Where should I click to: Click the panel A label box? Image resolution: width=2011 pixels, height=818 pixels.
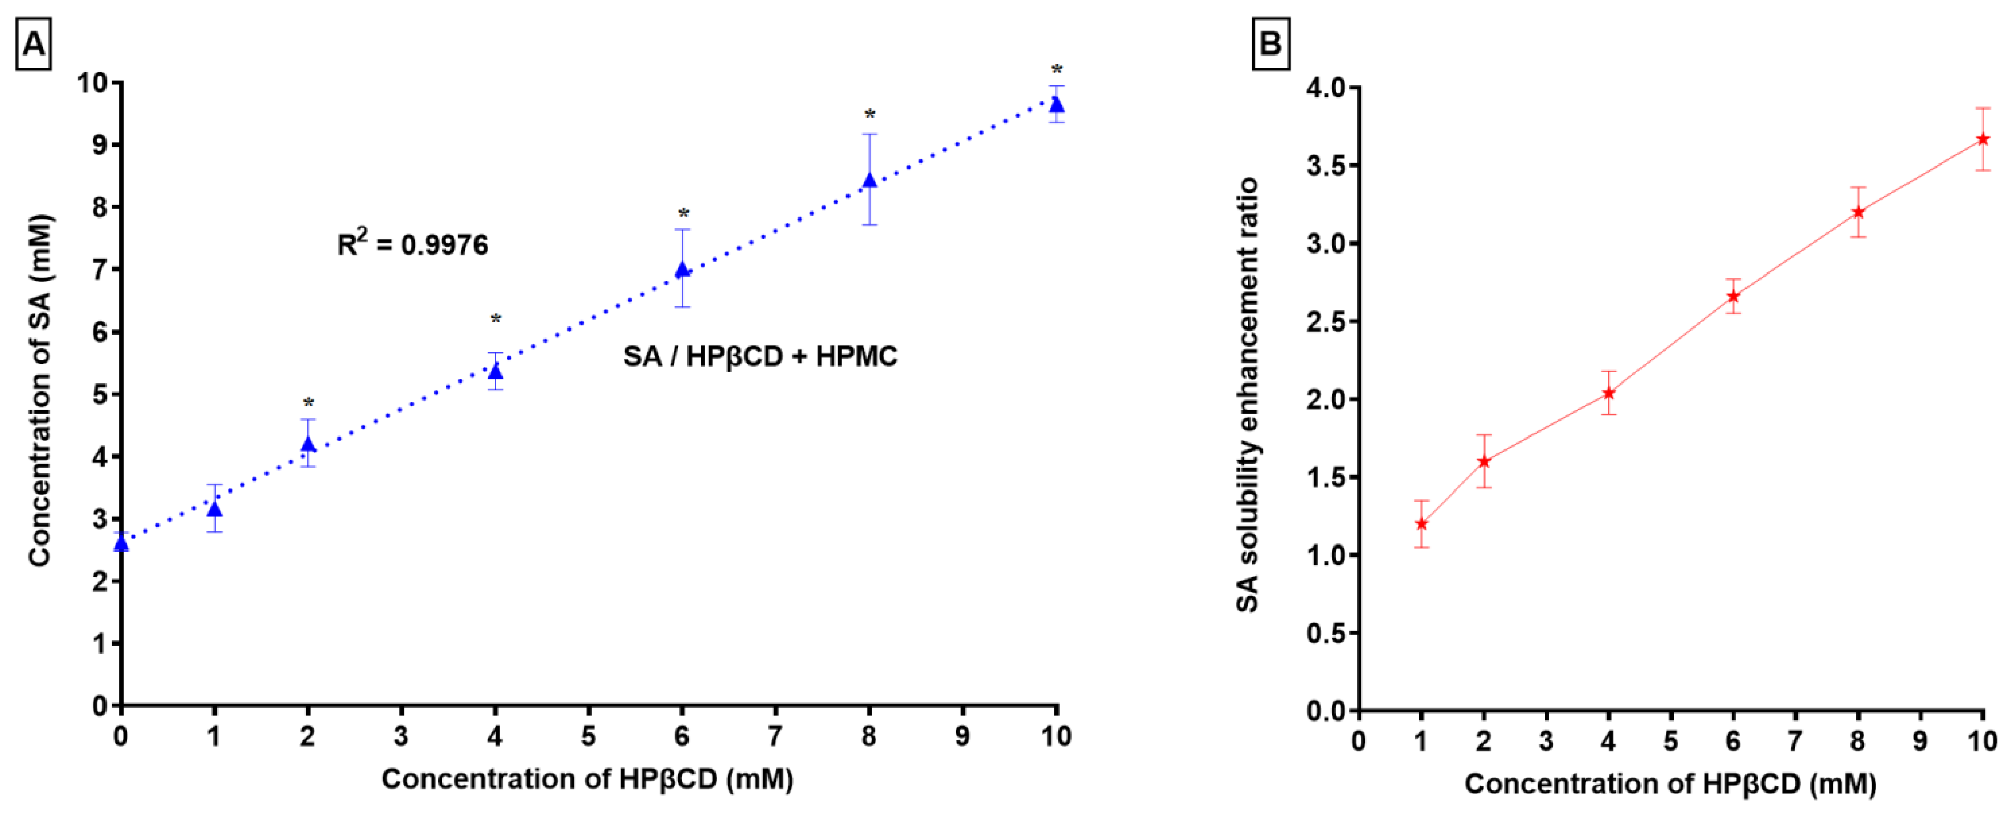[x=34, y=44]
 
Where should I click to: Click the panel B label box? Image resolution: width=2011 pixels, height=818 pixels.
[x=1270, y=44]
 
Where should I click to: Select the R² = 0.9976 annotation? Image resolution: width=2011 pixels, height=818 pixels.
[x=412, y=244]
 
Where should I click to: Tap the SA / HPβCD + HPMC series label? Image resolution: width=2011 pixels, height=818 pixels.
[x=760, y=357]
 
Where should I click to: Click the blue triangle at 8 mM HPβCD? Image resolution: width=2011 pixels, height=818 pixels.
[x=869, y=180]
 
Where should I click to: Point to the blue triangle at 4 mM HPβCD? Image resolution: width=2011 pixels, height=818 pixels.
[x=495, y=371]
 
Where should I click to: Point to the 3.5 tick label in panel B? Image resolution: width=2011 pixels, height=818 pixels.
[x=1327, y=166]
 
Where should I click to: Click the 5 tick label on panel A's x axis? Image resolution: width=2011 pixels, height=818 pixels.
[x=588, y=736]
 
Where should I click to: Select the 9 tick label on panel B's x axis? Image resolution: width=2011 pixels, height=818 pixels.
[x=1920, y=741]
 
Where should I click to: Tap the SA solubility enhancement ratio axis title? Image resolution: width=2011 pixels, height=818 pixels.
[x=1247, y=394]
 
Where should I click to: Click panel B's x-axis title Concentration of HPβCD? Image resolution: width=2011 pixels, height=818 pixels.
[x=1670, y=784]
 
